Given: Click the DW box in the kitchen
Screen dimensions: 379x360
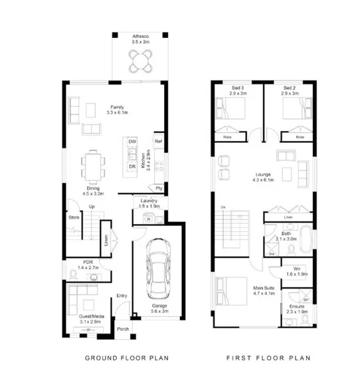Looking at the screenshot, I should coord(133,142).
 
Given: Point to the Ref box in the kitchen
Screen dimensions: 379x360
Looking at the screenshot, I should coord(158,142).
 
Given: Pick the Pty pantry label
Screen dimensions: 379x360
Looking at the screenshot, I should coord(159,188).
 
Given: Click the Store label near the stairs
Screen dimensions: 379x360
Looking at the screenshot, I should coord(74,217).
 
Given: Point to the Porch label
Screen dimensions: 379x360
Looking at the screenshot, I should coord(123,329).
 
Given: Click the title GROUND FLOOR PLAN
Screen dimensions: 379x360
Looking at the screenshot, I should coord(126,358).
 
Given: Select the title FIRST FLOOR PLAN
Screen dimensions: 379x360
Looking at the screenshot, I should coord(262,358).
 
